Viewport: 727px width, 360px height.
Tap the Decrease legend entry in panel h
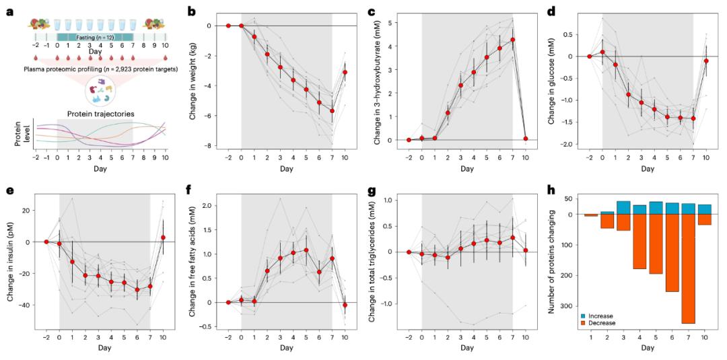point(596,322)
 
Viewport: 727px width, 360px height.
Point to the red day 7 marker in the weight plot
point(332,111)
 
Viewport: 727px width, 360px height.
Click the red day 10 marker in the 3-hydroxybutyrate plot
point(525,139)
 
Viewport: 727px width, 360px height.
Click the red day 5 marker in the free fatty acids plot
point(306,250)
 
